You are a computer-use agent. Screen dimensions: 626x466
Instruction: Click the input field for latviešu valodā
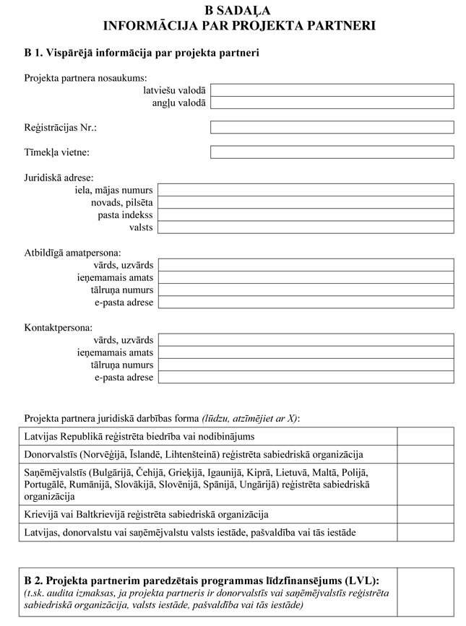(x=332, y=90)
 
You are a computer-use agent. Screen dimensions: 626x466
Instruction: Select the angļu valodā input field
(x=332, y=103)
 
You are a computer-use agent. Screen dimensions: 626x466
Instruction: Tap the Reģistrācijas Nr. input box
(x=332, y=127)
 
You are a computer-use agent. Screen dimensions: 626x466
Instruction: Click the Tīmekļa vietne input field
(x=332, y=152)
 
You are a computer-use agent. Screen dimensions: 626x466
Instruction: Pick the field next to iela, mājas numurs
(x=306, y=190)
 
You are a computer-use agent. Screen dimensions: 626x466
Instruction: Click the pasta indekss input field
(x=306, y=215)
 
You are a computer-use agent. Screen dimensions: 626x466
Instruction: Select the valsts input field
(x=306, y=227)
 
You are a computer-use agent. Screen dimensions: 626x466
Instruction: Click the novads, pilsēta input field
(x=306, y=202)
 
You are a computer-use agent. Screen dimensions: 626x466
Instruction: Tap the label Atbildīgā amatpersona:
(x=72, y=253)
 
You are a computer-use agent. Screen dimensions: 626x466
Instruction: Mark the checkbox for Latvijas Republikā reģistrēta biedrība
(x=426, y=436)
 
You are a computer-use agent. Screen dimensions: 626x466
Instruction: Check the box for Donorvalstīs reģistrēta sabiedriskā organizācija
(x=426, y=454)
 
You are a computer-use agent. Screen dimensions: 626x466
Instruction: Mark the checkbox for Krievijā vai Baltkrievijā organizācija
(x=426, y=515)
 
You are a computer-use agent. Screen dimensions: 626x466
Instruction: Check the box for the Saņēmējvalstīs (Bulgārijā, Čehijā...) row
(x=426, y=484)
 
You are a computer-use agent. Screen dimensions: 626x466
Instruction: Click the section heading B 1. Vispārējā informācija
(x=142, y=53)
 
